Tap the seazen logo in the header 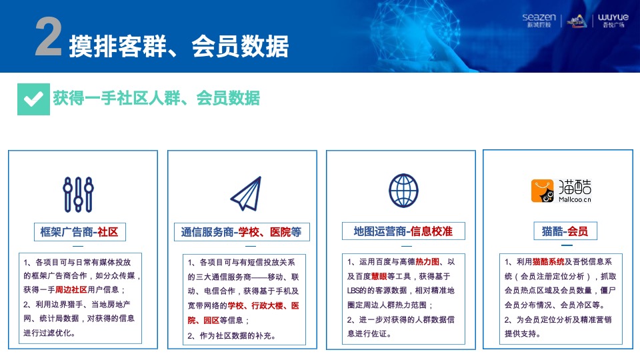coord(540,21)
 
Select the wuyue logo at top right coord(614,21)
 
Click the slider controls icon coord(77,194)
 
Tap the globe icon coord(403,190)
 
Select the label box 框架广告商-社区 coord(79,232)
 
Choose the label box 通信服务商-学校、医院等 coord(241,232)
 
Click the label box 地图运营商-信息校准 coord(403,231)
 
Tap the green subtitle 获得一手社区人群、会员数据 coord(156,99)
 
